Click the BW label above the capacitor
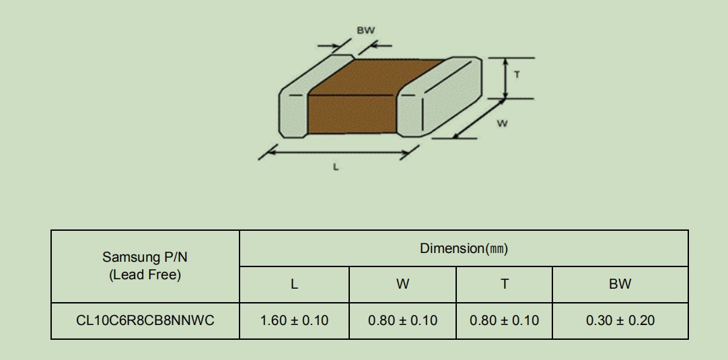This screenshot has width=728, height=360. [x=366, y=31]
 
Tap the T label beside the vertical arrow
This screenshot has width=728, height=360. [x=517, y=74]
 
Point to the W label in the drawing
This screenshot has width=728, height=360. [x=503, y=124]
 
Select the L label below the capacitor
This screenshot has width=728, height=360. [x=336, y=167]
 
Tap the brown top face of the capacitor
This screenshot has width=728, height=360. [x=376, y=77]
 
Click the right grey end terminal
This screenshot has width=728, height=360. [x=439, y=97]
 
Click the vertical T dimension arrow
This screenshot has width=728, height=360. [x=505, y=78]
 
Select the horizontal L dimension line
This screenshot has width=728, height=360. [x=338, y=152]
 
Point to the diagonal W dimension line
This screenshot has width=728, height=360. [x=478, y=118]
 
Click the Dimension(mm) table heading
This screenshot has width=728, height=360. [x=464, y=248]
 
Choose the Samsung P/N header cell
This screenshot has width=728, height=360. [x=145, y=266]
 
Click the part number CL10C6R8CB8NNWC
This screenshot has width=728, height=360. [x=145, y=320]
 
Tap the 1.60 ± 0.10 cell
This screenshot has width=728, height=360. [x=294, y=320]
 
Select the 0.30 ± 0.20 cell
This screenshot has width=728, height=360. [x=620, y=320]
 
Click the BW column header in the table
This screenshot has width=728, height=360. [x=620, y=284]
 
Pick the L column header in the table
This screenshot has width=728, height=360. [x=294, y=284]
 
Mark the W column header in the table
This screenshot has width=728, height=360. [x=402, y=284]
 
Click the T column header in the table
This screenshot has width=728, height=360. [x=505, y=284]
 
